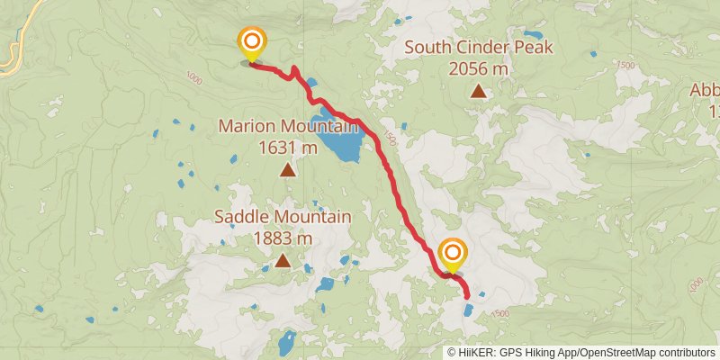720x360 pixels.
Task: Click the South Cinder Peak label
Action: tap(479, 48)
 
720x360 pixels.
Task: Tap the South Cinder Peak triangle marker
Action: tap(479, 90)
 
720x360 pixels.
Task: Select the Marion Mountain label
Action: tap(286, 127)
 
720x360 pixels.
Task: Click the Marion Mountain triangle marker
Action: tap(287, 169)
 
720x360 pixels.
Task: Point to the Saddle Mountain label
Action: tap(283, 217)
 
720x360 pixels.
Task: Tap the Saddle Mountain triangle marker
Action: tap(283, 261)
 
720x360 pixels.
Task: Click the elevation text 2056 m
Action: tap(479, 67)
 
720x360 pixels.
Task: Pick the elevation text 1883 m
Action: tap(283, 238)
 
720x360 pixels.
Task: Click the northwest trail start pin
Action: tap(251, 42)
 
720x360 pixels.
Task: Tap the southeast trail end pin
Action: tap(453, 252)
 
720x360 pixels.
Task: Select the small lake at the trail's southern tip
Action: tap(469, 310)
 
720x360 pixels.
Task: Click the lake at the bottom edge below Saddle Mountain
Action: tap(287, 343)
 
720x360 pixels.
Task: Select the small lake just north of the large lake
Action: tap(311, 84)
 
